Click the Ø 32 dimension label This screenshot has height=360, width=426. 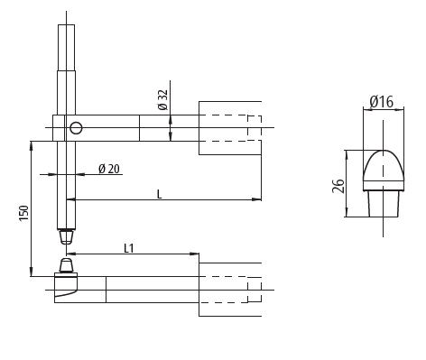coord(163,100)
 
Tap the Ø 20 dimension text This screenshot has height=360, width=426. coord(109,169)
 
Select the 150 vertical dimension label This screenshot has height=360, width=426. coord(24,212)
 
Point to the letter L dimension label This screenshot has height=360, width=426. coord(160,193)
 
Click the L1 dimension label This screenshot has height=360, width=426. coord(130,247)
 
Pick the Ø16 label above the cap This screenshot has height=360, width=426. coord(382,103)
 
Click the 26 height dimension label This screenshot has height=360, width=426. coord(338,186)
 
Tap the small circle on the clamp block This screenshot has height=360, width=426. coord(76,127)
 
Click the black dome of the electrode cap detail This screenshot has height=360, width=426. coord(383,168)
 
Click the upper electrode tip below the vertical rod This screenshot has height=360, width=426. coord(66,236)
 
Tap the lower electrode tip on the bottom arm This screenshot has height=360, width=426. coord(66,266)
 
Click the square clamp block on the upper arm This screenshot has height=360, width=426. coord(66,128)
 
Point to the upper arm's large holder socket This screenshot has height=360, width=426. coord(229,128)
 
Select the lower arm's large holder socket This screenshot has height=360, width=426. coord(229,290)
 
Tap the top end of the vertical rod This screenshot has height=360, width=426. coord(66,27)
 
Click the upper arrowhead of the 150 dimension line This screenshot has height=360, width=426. coord(32,144)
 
